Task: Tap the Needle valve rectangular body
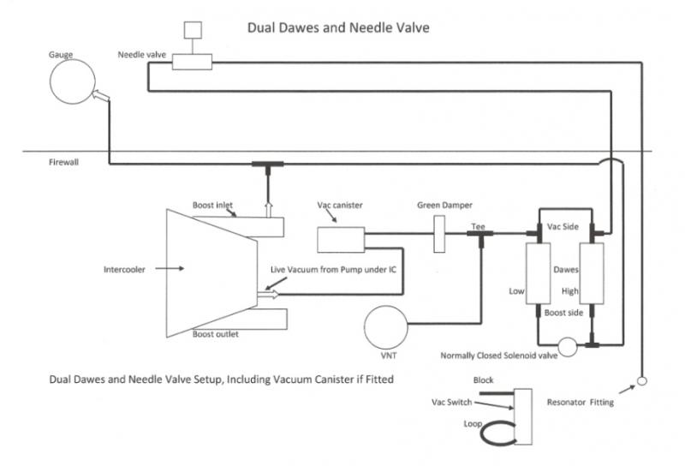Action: pos(192,62)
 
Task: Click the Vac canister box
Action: pos(341,239)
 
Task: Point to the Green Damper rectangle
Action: pos(440,234)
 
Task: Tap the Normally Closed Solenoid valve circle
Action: pos(567,345)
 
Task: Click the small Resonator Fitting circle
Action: pos(642,380)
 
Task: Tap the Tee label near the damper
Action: pos(479,227)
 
